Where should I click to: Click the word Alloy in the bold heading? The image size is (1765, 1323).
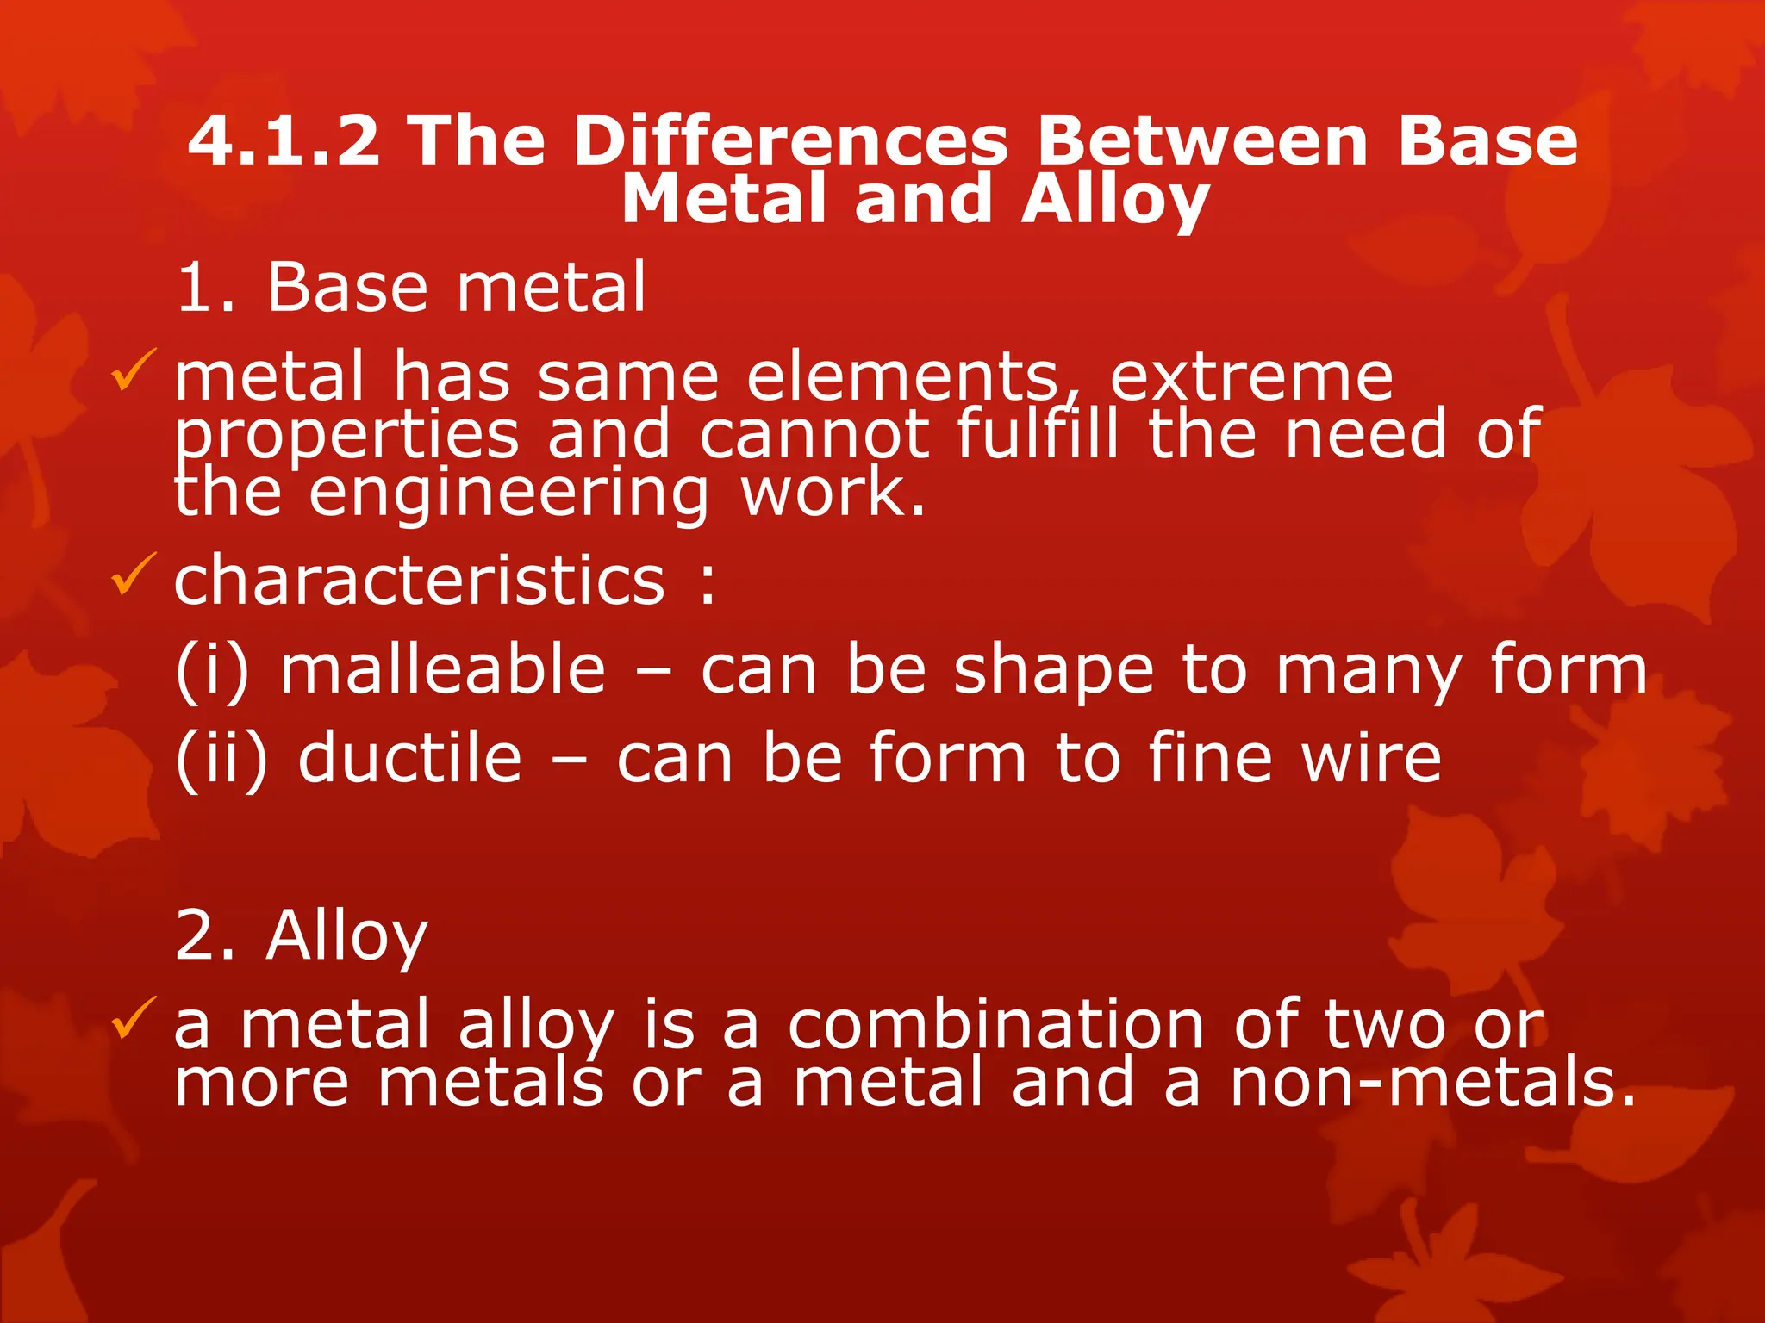(x=1115, y=201)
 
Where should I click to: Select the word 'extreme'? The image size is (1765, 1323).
(x=1251, y=378)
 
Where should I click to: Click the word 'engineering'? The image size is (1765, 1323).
(x=509, y=493)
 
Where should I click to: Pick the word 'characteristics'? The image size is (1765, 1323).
(x=420, y=581)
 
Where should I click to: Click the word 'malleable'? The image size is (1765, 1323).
(x=443, y=670)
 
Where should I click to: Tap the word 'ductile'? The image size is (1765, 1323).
(x=410, y=759)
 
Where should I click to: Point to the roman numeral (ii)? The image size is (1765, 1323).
(x=221, y=759)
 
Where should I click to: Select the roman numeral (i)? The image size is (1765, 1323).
(x=212, y=670)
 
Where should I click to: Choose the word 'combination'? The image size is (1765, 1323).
(x=995, y=1026)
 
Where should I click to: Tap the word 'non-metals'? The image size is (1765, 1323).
(x=1431, y=1083)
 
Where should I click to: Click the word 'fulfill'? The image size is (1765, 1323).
(x=1038, y=434)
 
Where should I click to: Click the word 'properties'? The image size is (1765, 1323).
(x=346, y=436)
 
